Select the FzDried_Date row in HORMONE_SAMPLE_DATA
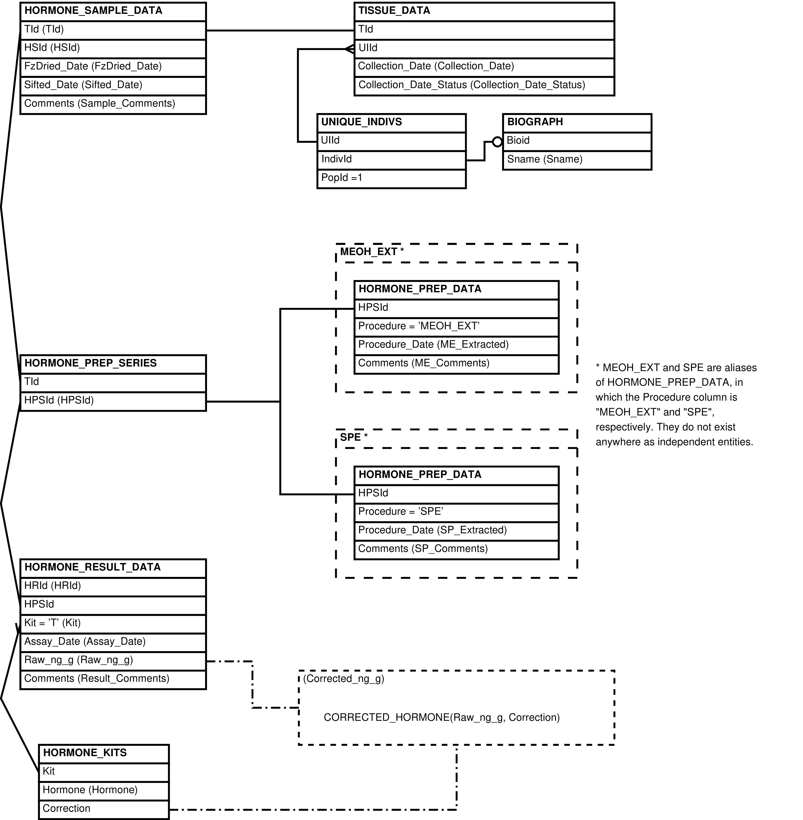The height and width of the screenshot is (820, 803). pos(113,67)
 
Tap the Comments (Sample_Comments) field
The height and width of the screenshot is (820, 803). pos(113,105)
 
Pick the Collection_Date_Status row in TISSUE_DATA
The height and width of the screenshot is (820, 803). pos(484,86)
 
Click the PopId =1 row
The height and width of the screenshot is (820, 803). pos(391,179)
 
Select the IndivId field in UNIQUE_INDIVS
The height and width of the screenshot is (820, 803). pos(391,160)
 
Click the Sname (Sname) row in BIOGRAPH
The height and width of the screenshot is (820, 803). pos(577,160)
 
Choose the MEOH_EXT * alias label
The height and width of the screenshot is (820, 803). pos(372,252)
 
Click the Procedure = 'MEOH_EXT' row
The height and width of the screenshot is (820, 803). pos(456,327)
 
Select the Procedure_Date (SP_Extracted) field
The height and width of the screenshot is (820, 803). pos(456,531)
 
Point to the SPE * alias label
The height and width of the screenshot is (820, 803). pos(354,437)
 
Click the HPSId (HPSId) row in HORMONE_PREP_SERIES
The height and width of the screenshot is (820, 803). pos(113,401)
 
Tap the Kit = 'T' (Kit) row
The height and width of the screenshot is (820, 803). pos(113,624)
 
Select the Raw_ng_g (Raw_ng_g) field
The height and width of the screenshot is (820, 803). pos(113,661)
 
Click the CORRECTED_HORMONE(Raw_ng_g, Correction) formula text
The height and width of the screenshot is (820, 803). pos(442,717)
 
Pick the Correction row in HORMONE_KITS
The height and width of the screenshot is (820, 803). pos(104,809)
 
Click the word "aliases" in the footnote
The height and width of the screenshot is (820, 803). pos(739,368)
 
